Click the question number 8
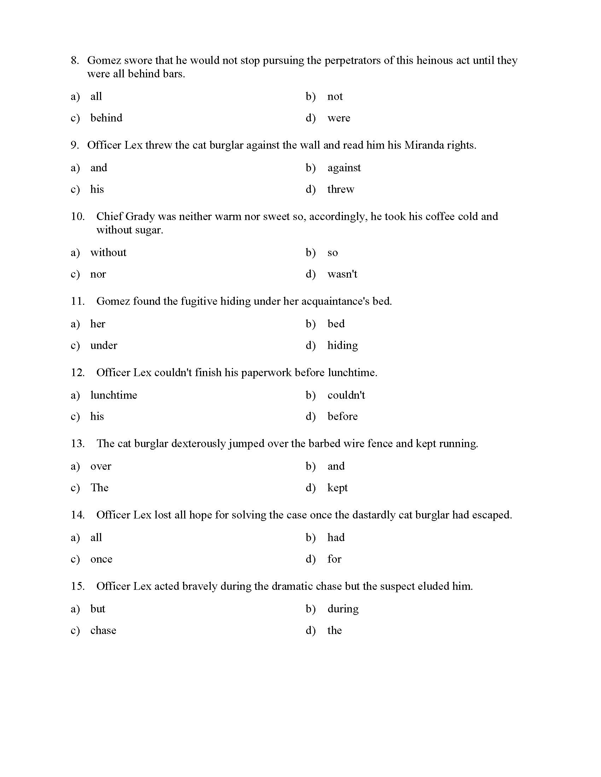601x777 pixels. pos(74,60)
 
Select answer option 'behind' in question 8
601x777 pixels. pos(106,118)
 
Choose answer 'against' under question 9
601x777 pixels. pos(344,167)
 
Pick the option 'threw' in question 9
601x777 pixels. pos(341,189)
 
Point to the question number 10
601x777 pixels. pos(78,216)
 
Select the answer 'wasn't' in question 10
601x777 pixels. pos(342,274)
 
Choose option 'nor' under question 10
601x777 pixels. pos(98,274)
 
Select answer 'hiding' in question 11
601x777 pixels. pos(343,345)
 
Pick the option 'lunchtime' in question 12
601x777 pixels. pos(113,395)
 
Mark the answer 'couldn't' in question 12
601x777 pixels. pos(346,395)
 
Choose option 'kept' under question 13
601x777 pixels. pos(337,488)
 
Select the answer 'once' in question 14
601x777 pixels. pos(101,559)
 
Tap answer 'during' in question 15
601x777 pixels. pos(343,609)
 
